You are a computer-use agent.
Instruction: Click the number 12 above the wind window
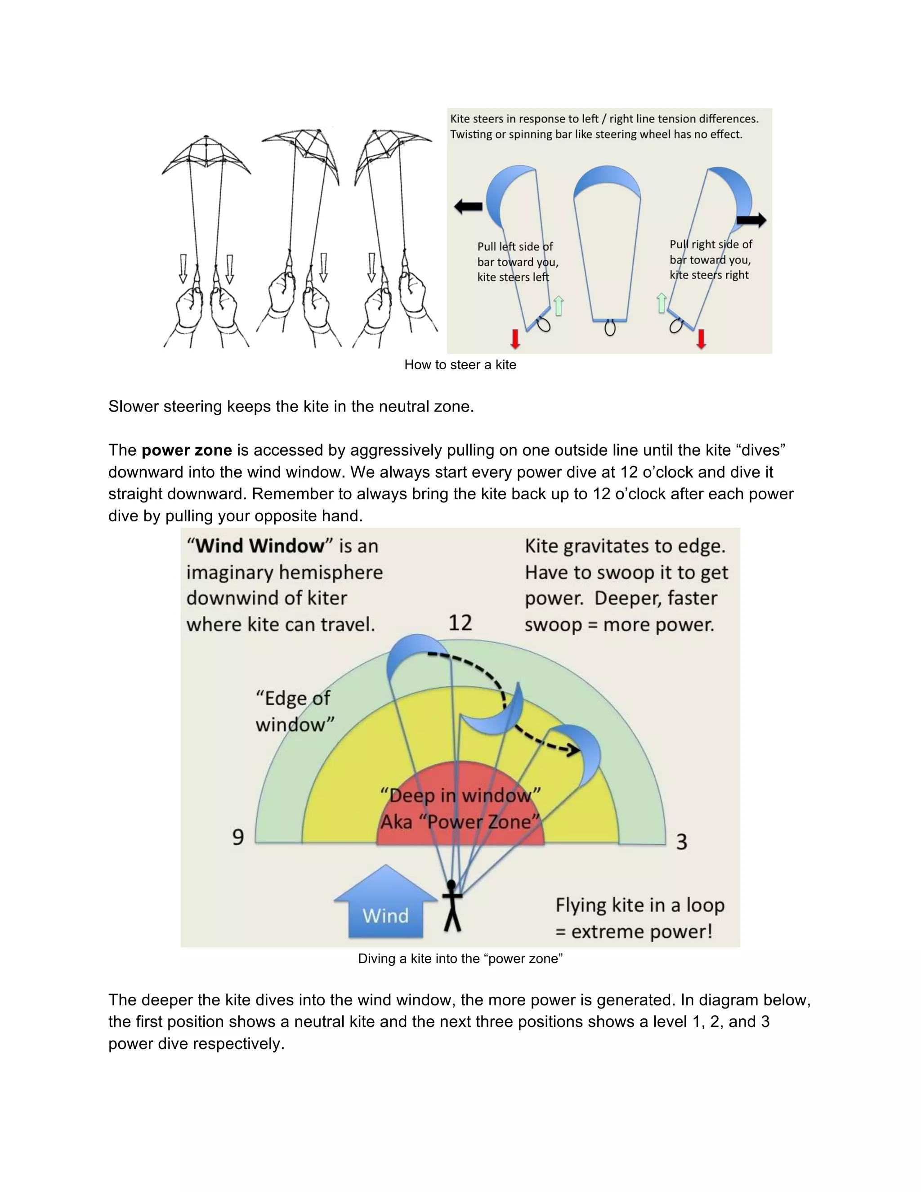pos(460,623)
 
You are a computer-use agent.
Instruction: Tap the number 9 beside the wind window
pos(238,837)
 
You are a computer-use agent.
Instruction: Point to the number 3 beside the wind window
pos(681,842)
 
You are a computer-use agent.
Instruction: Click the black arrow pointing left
pos(468,206)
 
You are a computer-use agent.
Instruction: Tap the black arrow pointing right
pos(751,220)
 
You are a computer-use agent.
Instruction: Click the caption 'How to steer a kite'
pos(460,365)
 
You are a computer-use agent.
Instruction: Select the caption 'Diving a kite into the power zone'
pos(460,959)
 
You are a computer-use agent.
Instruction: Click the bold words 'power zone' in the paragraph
pos(187,450)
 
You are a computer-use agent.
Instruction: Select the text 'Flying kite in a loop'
pos(639,905)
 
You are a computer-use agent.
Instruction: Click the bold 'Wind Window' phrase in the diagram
pos(260,546)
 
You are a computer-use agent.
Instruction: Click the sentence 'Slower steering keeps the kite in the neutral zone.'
pos(291,406)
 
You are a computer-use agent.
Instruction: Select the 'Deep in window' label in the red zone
pos(460,795)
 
